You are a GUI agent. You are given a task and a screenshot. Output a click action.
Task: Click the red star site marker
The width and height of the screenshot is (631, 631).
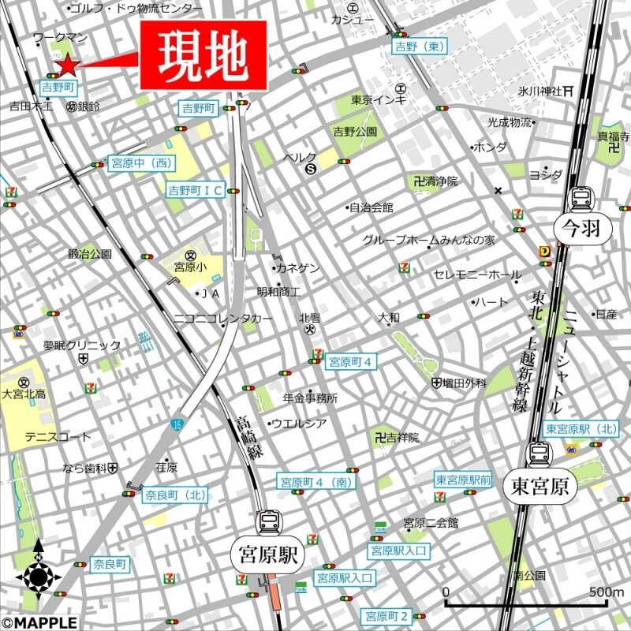67,65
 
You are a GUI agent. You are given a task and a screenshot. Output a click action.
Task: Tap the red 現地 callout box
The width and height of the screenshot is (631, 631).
203,55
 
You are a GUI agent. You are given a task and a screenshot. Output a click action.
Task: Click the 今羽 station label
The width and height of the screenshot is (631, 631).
581,229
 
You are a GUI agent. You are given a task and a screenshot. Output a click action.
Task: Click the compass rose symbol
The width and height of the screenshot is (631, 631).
38,576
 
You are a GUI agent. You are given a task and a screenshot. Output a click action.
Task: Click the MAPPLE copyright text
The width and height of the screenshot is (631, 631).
39,623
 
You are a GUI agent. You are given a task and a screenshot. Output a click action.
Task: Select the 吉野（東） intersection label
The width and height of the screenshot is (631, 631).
420,47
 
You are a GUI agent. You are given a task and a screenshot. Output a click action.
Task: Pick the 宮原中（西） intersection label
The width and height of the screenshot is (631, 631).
140,162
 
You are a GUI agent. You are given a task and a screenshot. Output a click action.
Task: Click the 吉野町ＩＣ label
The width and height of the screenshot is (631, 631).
195,189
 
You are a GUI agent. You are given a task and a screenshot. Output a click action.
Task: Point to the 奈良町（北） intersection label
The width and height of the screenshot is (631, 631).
175,495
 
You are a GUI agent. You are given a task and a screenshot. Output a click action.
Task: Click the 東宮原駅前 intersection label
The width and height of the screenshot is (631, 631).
463,480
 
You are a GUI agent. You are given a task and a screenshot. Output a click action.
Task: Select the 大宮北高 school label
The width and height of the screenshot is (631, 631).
24,394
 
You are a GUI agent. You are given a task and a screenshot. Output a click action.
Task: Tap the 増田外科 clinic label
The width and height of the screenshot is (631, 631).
465,383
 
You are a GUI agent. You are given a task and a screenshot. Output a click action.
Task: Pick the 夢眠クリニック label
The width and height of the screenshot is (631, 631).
82,345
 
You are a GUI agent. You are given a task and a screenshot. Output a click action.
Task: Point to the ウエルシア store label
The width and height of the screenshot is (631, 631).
300,424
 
